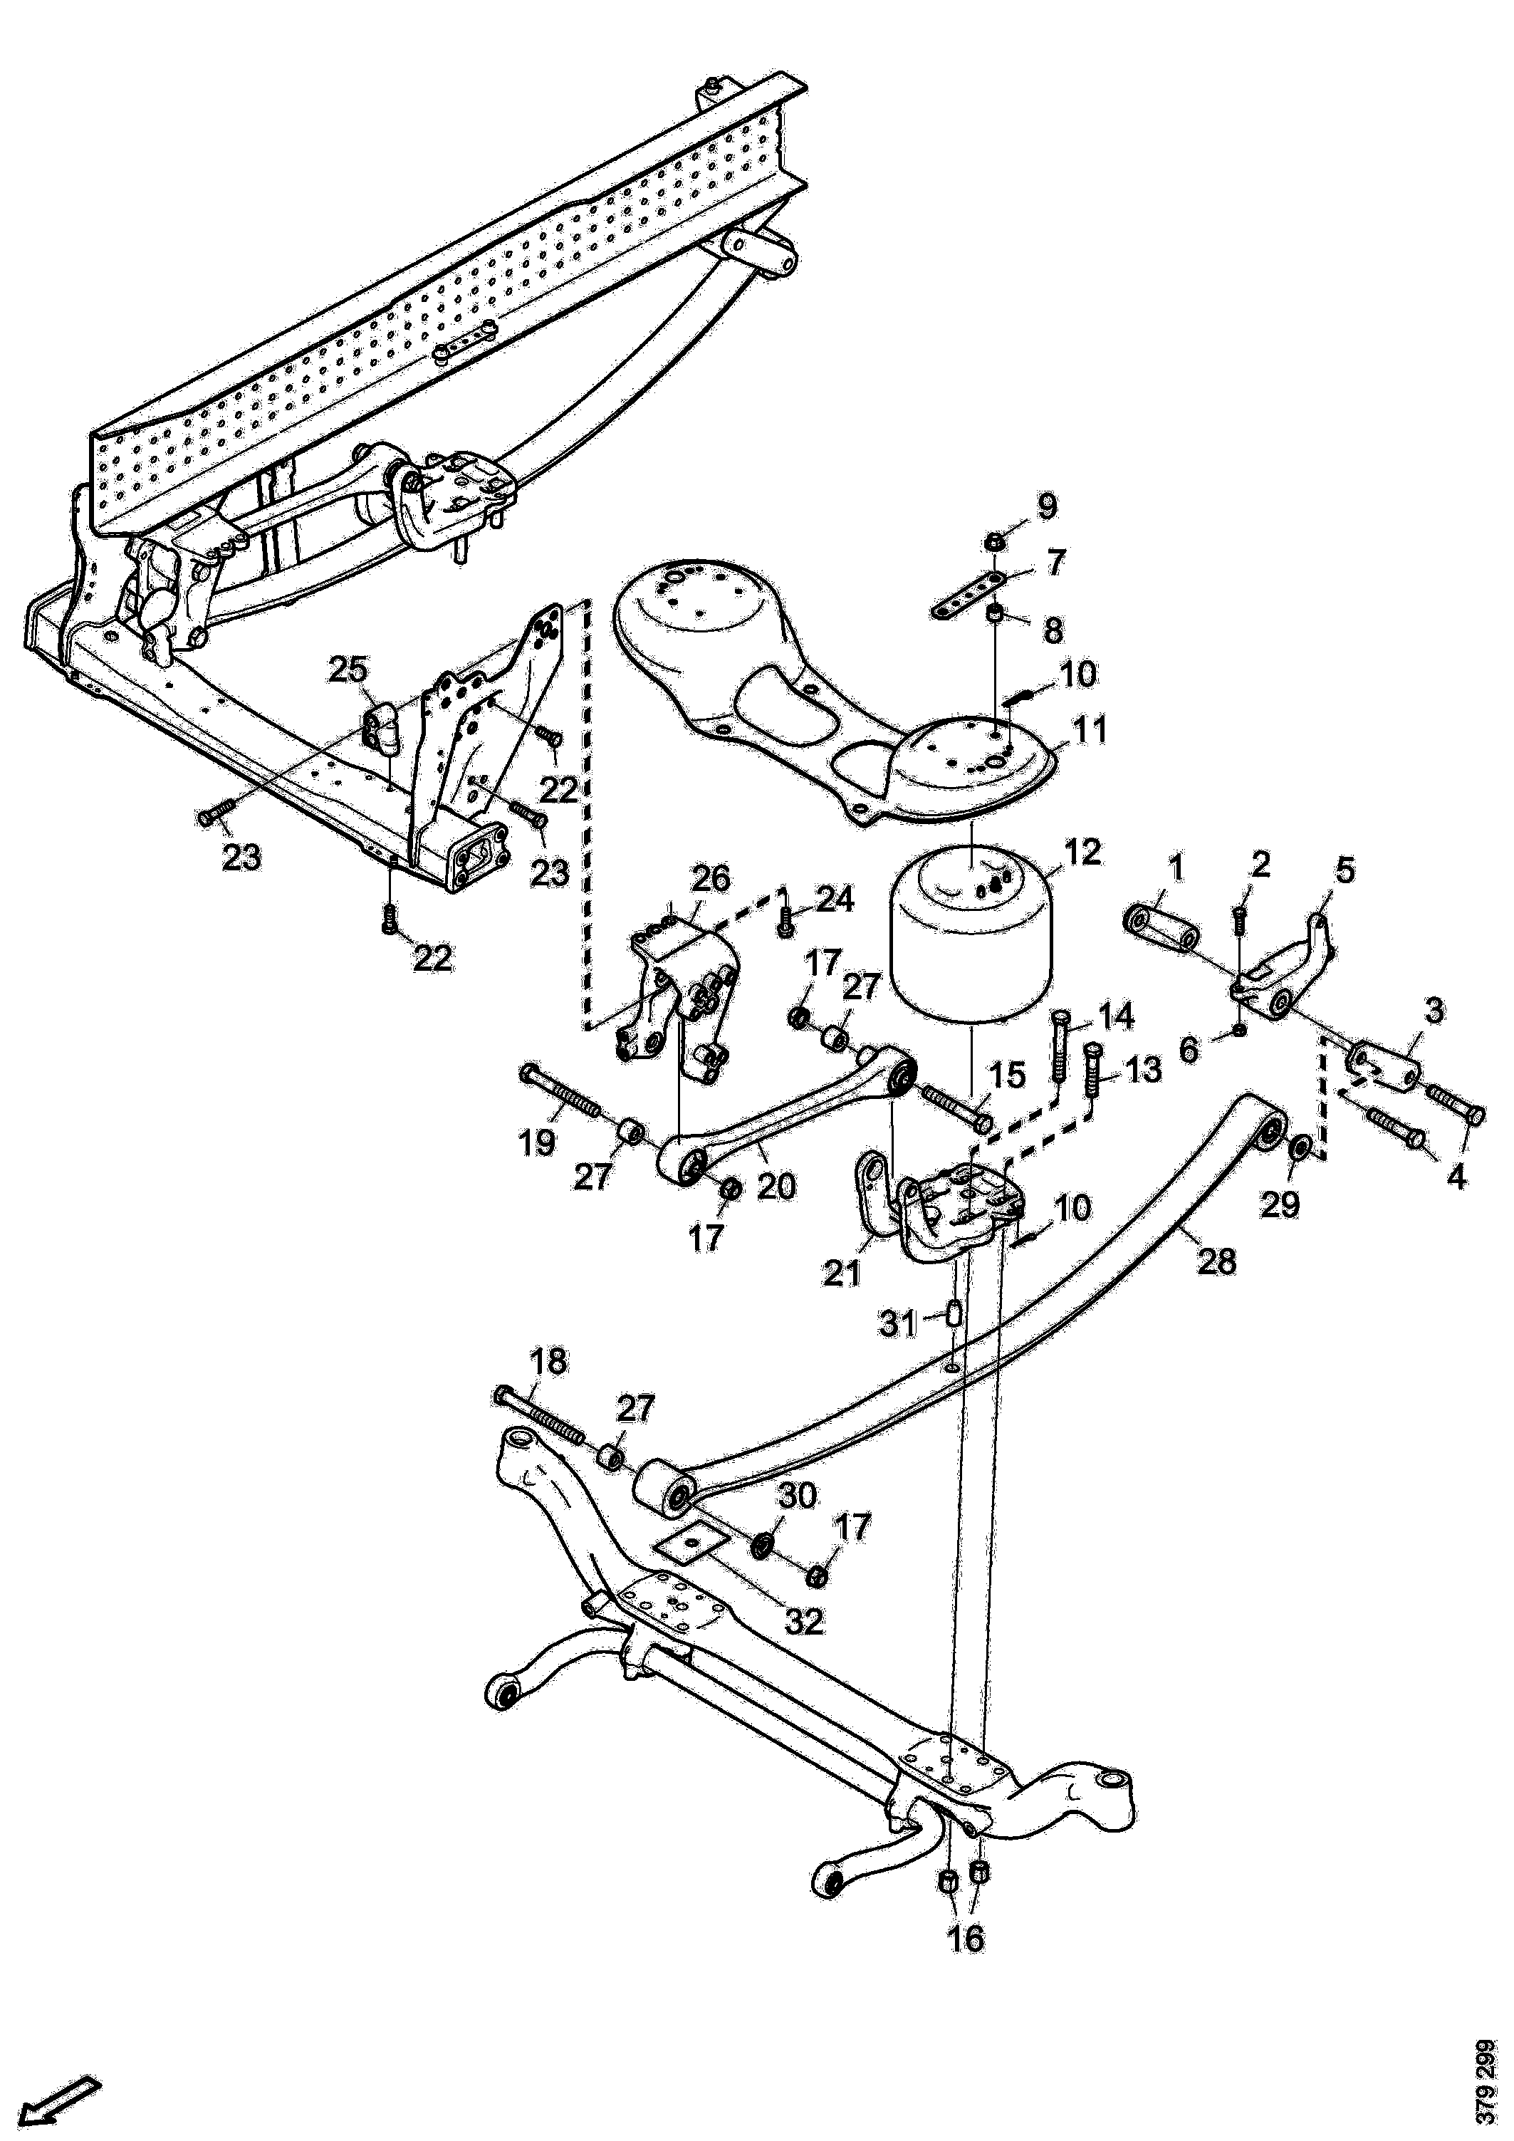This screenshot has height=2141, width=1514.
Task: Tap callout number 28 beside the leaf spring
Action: pos(1218,1261)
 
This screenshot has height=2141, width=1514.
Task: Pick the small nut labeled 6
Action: pos(1240,1029)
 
